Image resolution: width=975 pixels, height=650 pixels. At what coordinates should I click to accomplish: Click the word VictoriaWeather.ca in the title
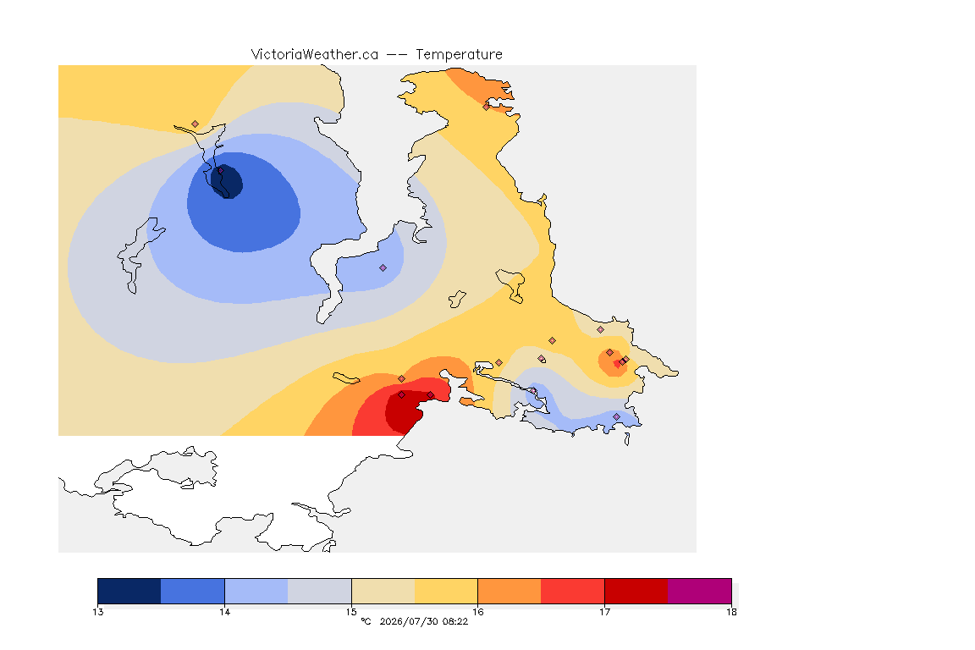(x=315, y=55)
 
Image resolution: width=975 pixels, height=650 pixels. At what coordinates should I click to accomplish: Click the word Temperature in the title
(x=459, y=55)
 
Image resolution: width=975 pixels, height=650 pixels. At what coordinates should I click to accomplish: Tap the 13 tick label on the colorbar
(x=97, y=612)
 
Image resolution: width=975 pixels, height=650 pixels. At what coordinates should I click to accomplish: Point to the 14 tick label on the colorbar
(x=224, y=612)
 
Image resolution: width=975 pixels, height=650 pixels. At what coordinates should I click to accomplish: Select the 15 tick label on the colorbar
(x=351, y=612)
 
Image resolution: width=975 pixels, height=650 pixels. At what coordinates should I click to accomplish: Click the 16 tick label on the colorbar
(x=477, y=612)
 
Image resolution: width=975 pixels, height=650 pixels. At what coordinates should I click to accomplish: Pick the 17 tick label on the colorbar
(x=604, y=612)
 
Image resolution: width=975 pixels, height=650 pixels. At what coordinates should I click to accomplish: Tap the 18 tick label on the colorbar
(x=731, y=612)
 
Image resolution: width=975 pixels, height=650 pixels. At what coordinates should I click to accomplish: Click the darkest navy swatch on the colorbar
(x=129, y=591)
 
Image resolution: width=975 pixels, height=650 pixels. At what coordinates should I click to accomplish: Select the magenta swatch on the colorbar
(x=700, y=591)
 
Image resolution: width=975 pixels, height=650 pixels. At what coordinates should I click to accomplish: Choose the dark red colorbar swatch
(x=636, y=591)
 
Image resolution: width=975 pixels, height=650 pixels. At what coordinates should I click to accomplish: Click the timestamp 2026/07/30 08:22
(x=423, y=621)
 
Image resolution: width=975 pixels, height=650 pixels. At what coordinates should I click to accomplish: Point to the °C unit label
(x=366, y=621)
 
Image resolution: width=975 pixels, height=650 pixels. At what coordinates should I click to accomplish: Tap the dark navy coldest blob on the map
(x=227, y=181)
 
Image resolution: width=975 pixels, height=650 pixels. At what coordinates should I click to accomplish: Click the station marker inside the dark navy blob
(x=220, y=170)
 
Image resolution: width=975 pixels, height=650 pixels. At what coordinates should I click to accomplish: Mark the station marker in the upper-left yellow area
(x=196, y=124)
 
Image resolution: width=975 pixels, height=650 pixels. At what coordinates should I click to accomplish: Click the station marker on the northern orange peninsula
(x=487, y=107)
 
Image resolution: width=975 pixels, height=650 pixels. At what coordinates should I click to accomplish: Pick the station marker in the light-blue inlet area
(x=383, y=268)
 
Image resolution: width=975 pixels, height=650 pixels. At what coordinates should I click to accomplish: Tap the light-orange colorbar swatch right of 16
(x=510, y=591)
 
